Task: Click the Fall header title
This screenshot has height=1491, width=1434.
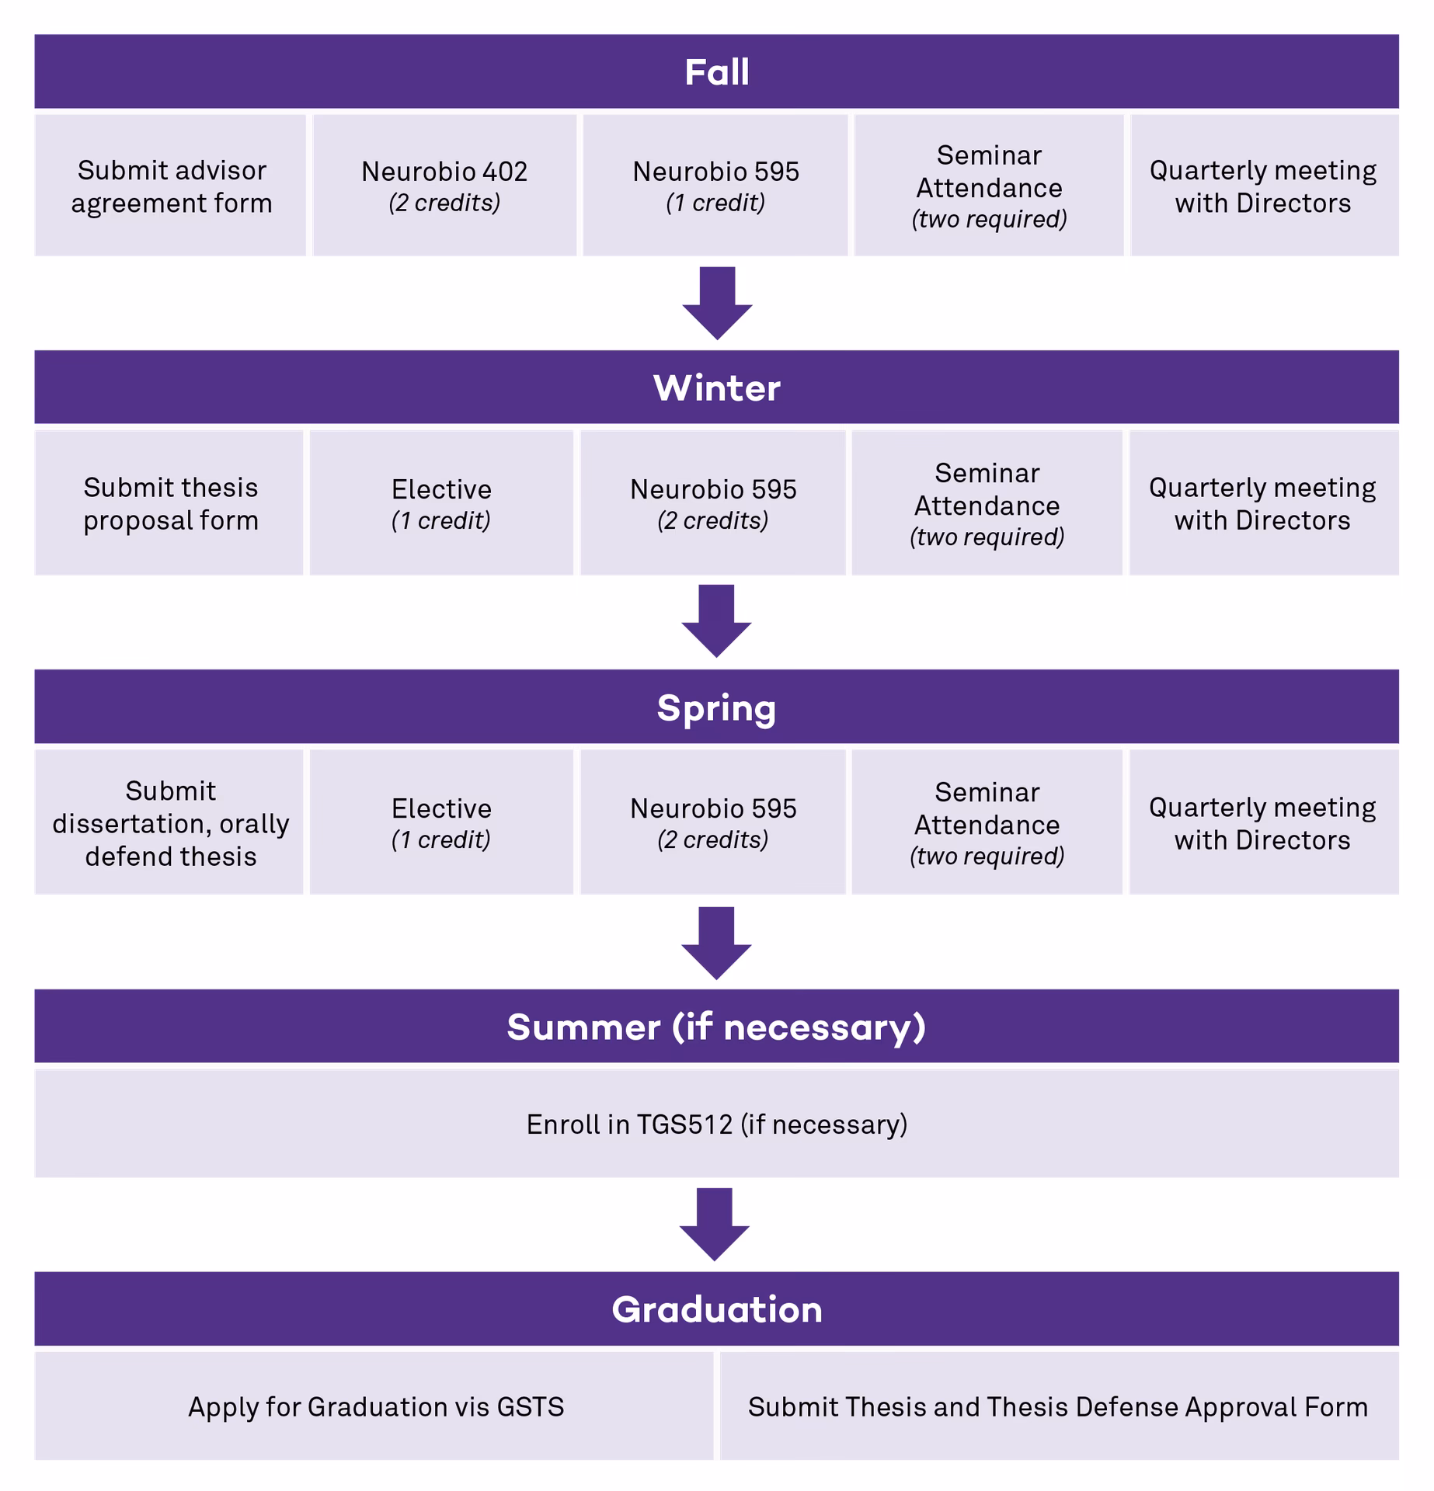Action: pos(716,72)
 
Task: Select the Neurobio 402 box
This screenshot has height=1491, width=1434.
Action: pos(444,186)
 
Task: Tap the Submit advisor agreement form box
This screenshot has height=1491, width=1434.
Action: pos(171,186)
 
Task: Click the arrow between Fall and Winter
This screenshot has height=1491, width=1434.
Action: pos(716,304)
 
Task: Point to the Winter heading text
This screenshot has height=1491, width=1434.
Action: pos(716,388)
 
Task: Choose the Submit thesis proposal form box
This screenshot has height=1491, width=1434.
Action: pos(169,503)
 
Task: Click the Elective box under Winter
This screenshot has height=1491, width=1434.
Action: pos(441,503)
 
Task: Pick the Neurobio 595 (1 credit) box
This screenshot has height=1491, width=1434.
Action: pos(715,186)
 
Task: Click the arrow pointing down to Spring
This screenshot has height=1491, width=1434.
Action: pos(716,621)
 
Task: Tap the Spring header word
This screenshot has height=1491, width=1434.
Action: pos(716,707)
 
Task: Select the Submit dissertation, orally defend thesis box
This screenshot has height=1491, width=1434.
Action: pos(169,822)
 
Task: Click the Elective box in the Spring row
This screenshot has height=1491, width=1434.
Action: pos(441,822)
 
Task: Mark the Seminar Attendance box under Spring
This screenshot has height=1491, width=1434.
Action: pos(987,822)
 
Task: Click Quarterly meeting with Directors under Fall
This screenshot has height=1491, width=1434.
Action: pos(1263,186)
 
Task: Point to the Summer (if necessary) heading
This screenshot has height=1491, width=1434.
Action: pos(716,1027)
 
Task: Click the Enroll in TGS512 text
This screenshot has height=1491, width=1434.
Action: pos(716,1124)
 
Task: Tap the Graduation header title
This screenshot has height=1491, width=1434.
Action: pos(716,1309)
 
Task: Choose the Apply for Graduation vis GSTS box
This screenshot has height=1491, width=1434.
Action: pos(375,1406)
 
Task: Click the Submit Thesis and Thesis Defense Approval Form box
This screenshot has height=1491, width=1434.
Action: pos(1058,1406)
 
